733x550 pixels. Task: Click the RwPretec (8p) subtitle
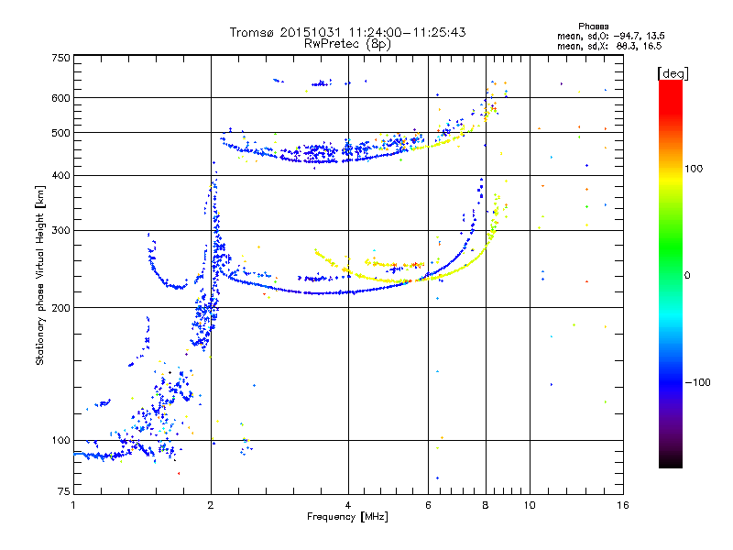point(347,44)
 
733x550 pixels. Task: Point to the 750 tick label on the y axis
point(60,58)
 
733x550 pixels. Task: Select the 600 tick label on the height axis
point(60,98)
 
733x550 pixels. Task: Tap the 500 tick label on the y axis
point(60,133)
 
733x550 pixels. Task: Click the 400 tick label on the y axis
point(60,176)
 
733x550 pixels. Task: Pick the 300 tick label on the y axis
point(60,231)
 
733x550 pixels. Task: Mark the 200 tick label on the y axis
point(60,308)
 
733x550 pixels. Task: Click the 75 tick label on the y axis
point(64,491)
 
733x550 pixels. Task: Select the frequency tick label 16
point(623,505)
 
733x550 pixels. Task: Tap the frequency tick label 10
point(530,505)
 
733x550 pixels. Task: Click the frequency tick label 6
point(428,505)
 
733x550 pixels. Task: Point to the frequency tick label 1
point(74,505)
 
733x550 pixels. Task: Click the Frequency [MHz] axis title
point(347,517)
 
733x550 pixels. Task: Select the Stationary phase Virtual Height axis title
point(40,276)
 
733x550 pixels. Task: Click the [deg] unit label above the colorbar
point(673,73)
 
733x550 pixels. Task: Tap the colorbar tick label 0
point(687,276)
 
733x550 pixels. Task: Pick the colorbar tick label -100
point(697,382)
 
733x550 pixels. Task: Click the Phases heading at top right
point(593,27)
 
